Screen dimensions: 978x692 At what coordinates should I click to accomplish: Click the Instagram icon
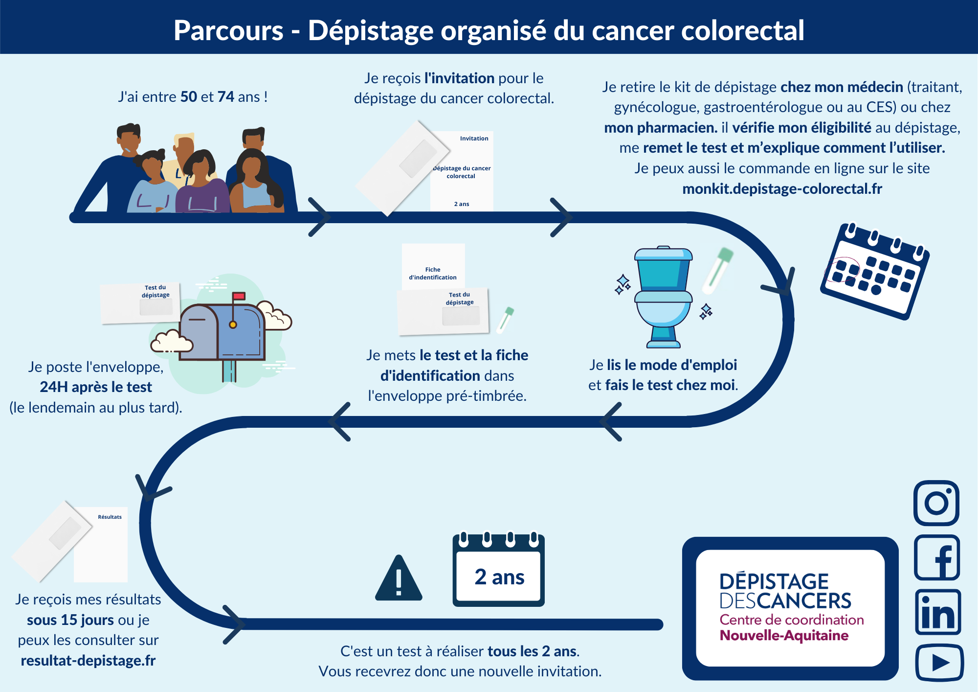pos(936,503)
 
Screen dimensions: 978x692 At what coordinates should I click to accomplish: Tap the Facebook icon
pos(937,557)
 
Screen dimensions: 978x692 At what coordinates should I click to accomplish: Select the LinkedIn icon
pos(938,612)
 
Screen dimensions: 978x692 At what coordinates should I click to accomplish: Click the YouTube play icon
pos(939,663)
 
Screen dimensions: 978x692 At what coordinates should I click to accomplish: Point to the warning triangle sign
pos(399,578)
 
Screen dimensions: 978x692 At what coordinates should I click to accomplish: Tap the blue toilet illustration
pos(663,297)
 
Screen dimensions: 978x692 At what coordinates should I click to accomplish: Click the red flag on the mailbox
pos(239,296)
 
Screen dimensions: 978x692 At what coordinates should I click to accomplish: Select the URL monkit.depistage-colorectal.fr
pos(782,188)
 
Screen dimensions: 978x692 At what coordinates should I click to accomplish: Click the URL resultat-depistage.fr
pos(88,660)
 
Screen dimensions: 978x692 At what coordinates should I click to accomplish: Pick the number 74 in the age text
pos(226,96)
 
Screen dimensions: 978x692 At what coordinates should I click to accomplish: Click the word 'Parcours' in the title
pos(228,31)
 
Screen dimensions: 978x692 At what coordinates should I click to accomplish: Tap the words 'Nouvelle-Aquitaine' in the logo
pos(784,635)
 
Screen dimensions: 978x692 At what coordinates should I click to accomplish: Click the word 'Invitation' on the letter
pos(474,138)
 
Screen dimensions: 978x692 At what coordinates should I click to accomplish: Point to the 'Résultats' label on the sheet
pos(110,517)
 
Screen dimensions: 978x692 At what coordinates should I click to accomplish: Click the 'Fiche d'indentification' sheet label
pos(433,273)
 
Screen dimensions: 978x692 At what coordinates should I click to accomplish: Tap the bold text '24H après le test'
pos(96,387)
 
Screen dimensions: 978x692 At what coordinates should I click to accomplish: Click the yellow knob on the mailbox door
pos(233,324)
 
